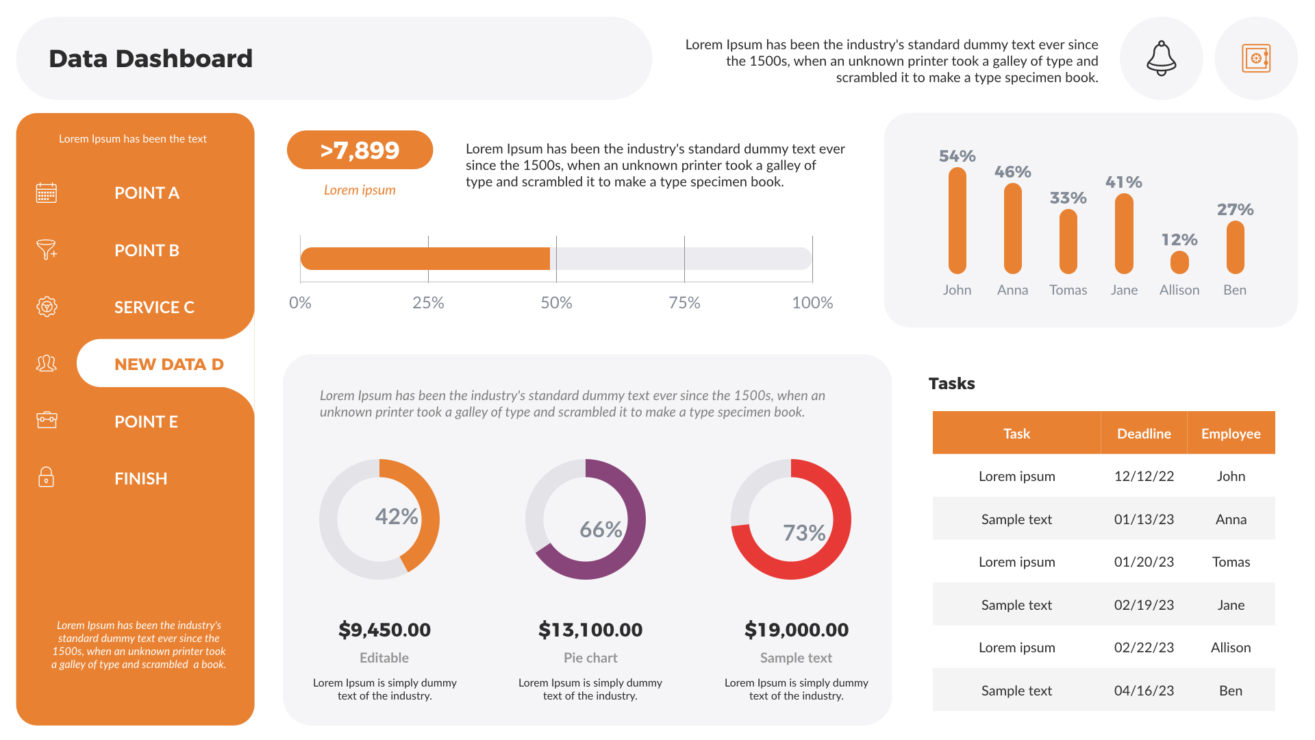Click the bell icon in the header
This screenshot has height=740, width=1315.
click(1161, 58)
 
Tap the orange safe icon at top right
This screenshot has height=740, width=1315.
click(1255, 58)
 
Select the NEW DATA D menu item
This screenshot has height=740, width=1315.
click(168, 364)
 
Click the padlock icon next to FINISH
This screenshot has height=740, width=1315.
click(46, 478)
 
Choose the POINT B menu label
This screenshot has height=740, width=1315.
click(147, 250)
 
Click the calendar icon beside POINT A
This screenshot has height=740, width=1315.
click(46, 193)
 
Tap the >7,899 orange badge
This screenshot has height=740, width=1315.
click(360, 150)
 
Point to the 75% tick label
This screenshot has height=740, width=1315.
click(684, 303)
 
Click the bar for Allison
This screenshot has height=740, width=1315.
click(1179, 262)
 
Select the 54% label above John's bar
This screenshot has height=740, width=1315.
click(957, 156)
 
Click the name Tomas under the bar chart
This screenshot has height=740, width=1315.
click(1068, 290)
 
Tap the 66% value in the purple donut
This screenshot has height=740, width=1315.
click(601, 529)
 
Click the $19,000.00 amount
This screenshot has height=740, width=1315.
click(796, 630)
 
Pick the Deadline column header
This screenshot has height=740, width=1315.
click(1144, 434)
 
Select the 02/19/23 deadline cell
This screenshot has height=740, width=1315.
click(1144, 605)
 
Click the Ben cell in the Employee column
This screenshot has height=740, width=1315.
click(1230, 691)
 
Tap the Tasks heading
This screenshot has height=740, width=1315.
click(951, 384)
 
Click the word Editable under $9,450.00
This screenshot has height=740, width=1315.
click(384, 658)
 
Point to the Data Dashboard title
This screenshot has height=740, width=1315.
click(151, 59)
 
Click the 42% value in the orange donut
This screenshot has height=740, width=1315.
click(397, 516)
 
